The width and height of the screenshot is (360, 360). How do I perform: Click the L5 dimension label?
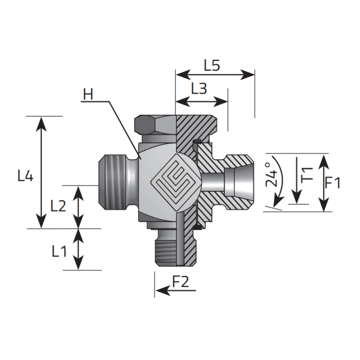point(211,66)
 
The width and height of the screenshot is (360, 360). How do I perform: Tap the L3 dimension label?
point(198,89)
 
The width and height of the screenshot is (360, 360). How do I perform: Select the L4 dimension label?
point(26,176)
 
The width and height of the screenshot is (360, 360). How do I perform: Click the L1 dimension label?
point(58,251)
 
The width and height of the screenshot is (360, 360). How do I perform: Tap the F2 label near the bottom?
point(181,282)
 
